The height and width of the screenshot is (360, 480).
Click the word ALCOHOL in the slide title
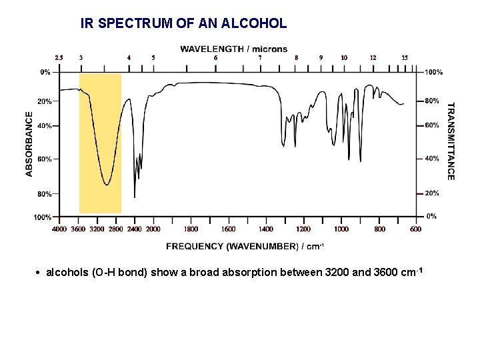coord(257,23)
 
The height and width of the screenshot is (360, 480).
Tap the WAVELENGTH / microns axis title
coord(234,49)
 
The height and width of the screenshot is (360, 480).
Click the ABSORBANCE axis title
coord(29,143)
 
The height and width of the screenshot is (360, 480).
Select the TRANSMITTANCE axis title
coord(451,141)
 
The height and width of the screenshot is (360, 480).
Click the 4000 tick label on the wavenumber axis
coord(59,229)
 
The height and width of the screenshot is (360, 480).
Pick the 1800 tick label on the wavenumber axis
coord(191,229)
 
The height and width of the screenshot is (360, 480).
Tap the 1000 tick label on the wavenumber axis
coord(341,229)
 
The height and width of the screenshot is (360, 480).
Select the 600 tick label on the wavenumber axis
coord(416,229)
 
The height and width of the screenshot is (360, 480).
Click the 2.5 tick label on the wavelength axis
coord(59,58)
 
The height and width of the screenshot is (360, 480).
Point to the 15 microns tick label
coord(405,58)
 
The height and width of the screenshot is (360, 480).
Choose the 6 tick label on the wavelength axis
coord(215,58)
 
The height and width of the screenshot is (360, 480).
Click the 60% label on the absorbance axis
coord(45,159)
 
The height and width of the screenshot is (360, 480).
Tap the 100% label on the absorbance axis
coord(43,217)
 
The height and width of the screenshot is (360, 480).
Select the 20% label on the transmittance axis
coord(432,193)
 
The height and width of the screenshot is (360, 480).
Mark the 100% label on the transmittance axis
coord(434,71)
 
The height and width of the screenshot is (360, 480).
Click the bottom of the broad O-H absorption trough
coord(107,185)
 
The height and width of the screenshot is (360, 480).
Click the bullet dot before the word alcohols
coord(40,274)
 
